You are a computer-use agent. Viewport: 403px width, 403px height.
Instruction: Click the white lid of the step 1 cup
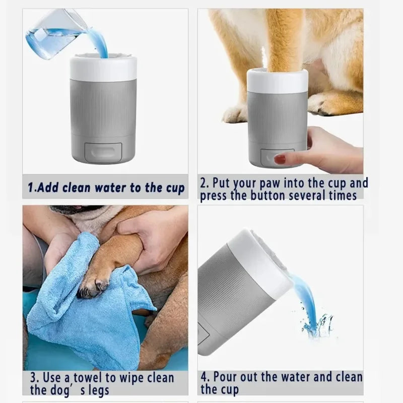tap(103, 68)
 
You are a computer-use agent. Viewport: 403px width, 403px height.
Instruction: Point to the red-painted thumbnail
tap(280, 159)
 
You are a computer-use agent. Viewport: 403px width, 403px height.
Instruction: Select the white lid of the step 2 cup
tap(277, 81)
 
